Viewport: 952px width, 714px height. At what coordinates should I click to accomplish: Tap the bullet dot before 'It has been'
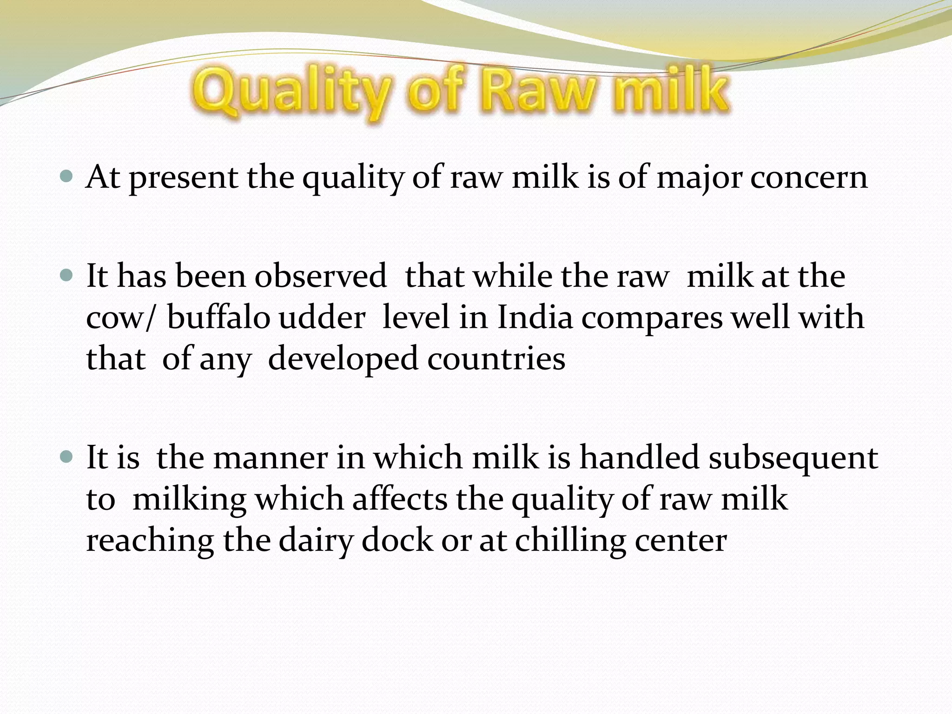click(x=67, y=276)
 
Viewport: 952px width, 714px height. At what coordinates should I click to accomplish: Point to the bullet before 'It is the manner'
click(x=67, y=457)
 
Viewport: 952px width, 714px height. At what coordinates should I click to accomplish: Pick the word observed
click(x=320, y=276)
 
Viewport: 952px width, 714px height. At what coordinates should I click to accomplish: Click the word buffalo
click(x=218, y=317)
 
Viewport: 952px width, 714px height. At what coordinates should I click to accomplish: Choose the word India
click(x=535, y=317)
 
